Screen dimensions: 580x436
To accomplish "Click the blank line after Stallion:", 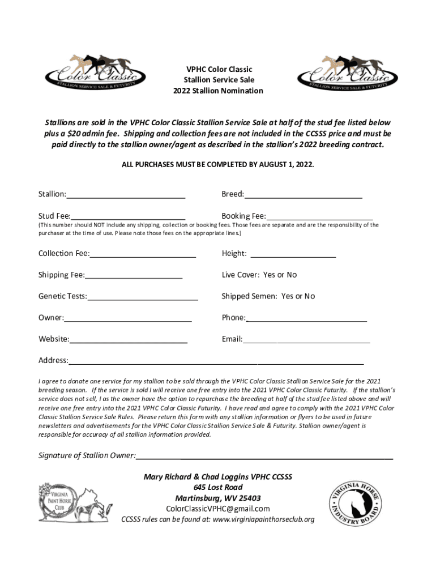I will pos(126,195).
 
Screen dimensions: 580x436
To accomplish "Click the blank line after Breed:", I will pos(303,195).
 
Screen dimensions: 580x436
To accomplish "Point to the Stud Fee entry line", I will pos(128,217).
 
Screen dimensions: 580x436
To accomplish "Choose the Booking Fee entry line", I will pos(319,217).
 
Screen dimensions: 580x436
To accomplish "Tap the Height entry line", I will pos(293,255).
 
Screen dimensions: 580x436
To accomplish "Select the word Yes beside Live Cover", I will pos(269,275).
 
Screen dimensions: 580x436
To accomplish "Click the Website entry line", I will pos(129,341).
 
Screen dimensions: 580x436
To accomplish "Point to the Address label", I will pos(53,361).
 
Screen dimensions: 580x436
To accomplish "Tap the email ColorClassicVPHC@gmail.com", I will pos(217,509).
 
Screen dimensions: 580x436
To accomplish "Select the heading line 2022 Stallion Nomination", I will pos(218,91).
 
